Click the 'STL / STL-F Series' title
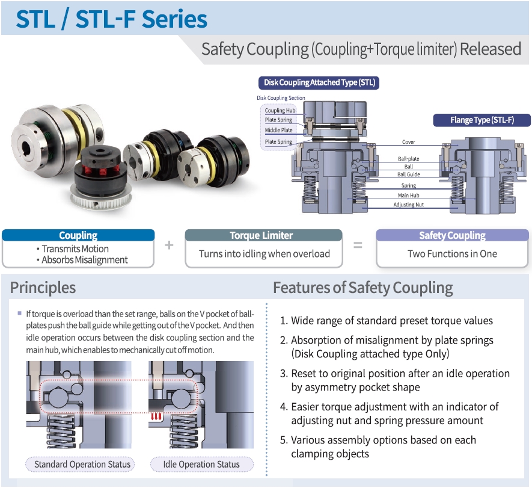click(x=112, y=19)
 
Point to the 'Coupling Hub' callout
click(x=280, y=111)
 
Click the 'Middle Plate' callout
click(x=279, y=130)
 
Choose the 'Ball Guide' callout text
click(x=409, y=175)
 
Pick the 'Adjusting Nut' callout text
click(x=409, y=205)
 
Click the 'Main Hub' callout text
click(x=409, y=196)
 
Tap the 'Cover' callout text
click(x=409, y=143)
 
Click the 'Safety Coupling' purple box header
click(x=452, y=235)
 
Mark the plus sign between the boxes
click(x=169, y=246)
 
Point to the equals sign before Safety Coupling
click(x=358, y=246)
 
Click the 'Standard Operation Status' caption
click(x=82, y=464)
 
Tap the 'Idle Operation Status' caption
click(x=201, y=464)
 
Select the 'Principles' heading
click(x=43, y=288)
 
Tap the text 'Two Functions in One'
click(x=452, y=253)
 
